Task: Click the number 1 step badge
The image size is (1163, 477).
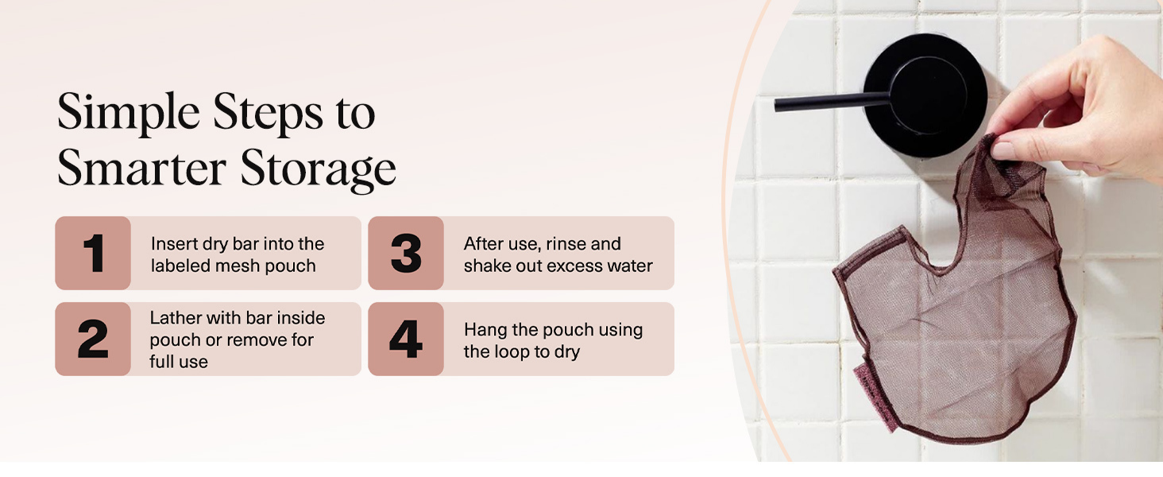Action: coord(93,253)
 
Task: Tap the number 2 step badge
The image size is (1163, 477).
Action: coord(93,339)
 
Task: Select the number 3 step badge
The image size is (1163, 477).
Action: coord(406,253)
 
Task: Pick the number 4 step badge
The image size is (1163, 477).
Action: coord(406,339)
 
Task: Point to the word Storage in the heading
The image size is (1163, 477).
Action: coord(319,169)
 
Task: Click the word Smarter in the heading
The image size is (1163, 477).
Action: coord(141,168)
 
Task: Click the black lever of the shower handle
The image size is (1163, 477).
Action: coord(832,102)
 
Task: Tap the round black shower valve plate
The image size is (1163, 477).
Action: coord(925,95)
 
